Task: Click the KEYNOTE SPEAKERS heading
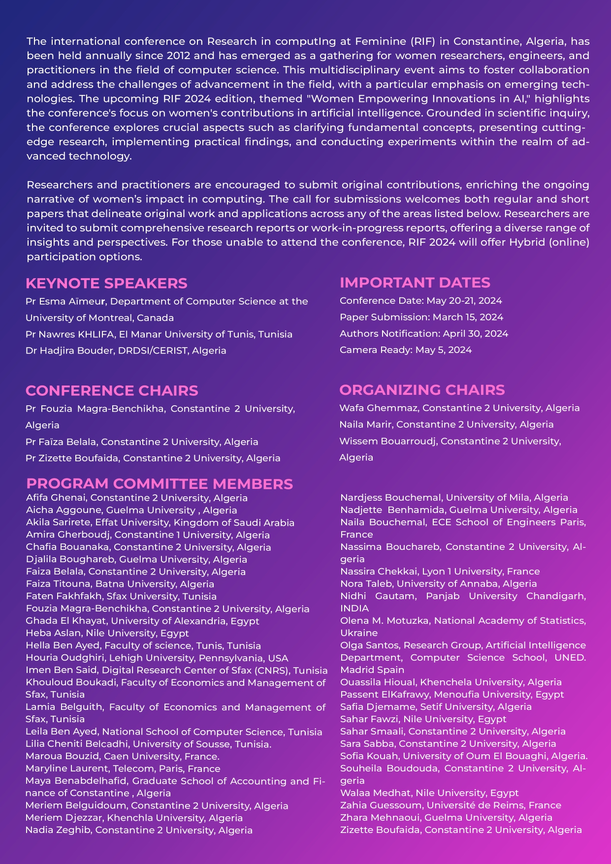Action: click(106, 284)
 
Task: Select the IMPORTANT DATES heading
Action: click(415, 283)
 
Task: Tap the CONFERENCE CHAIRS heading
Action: click(112, 391)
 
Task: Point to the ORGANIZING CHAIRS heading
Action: click(422, 390)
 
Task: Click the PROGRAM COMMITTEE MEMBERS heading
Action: click(160, 484)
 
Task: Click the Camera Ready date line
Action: click(406, 350)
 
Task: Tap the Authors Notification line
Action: click(424, 334)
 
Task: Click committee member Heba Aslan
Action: click(54, 633)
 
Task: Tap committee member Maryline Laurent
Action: click(59, 768)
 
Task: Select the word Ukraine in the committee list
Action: click(359, 633)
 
